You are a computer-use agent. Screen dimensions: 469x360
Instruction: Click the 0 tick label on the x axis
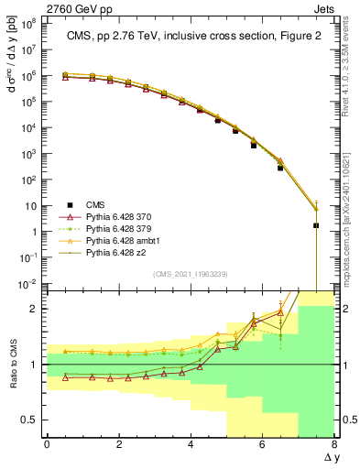(47, 445)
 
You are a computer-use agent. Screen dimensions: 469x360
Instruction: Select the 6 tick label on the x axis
(263, 445)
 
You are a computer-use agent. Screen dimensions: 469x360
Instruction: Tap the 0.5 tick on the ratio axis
(28, 420)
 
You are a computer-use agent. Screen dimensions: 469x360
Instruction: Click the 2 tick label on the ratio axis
(34, 309)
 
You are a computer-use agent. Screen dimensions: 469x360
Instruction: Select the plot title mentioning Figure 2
(190, 38)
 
